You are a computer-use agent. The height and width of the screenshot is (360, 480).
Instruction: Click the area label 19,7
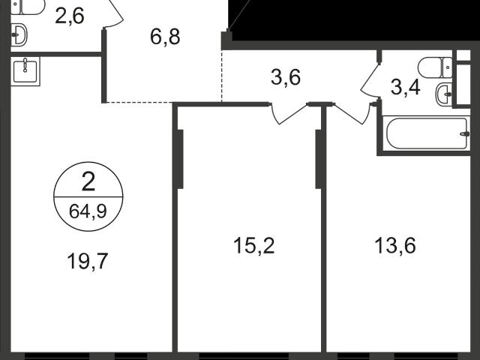tap(88, 262)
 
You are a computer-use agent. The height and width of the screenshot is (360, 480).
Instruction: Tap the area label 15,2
tap(254, 245)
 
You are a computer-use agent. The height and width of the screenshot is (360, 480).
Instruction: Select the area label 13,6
tap(395, 245)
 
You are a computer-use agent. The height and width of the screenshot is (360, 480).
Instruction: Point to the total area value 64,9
tap(88, 211)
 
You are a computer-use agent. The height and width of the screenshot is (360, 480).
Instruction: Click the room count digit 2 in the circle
tap(88, 181)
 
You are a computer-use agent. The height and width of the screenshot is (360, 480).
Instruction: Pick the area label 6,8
tap(165, 37)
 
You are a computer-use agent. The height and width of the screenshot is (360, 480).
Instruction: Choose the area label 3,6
tap(286, 77)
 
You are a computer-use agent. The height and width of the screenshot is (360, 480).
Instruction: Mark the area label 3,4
tap(406, 88)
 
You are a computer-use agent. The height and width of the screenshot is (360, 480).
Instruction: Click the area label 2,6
tap(70, 16)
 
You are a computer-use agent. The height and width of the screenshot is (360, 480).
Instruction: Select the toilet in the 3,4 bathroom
tap(435, 67)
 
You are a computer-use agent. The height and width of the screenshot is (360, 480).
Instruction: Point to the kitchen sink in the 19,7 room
tap(25, 71)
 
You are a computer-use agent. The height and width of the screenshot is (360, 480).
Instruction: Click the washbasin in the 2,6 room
tap(19, 35)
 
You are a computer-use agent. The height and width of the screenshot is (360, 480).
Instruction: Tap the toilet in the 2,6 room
tap(28, 7)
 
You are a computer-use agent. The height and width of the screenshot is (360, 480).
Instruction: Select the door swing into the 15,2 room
tap(289, 114)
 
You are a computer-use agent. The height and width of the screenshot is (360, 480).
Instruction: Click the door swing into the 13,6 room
tap(352, 114)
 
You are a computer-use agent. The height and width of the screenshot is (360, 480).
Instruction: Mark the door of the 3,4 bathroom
tap(370, 80)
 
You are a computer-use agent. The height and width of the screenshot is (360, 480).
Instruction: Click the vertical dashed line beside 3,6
tap(222, 76)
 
